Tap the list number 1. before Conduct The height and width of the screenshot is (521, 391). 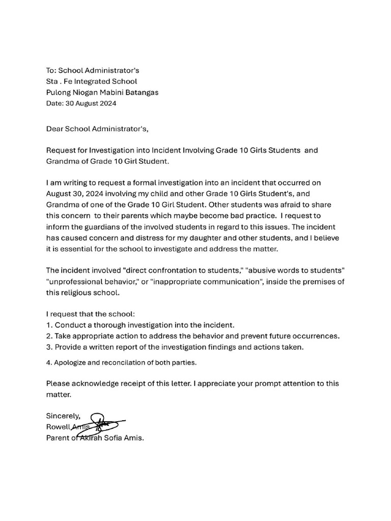click(x=49, y=325)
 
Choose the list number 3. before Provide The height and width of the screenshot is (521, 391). click(x=49, y=347)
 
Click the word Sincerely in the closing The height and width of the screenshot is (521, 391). click(x=66, y=416)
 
